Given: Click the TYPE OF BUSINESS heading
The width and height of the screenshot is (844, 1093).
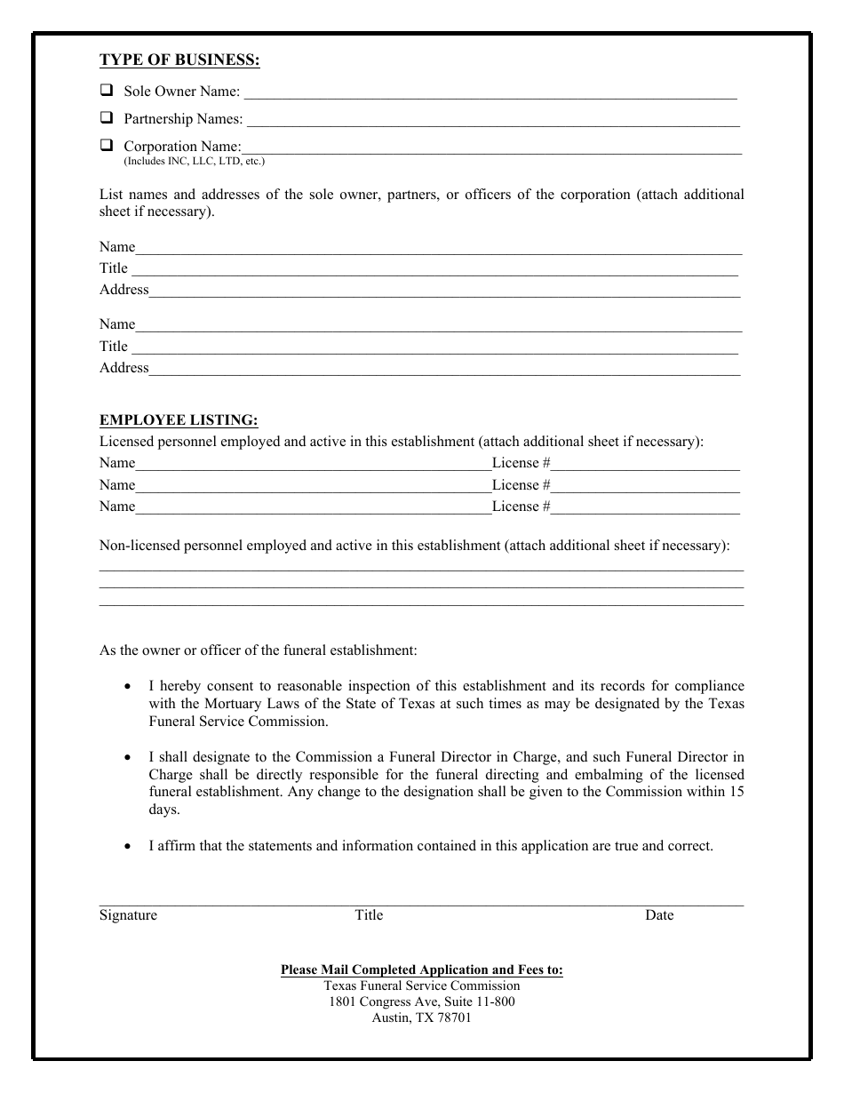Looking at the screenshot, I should click(179, 60).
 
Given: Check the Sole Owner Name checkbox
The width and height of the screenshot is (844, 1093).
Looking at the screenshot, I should click(107, 90).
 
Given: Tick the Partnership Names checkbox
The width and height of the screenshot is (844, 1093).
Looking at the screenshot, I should click(107, 117).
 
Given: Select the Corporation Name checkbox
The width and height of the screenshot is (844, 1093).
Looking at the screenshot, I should click(107, 145).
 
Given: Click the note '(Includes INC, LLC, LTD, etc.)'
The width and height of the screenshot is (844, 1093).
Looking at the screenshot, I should click(194, 162).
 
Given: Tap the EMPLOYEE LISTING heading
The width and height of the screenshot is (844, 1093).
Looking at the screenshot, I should click(179, 420).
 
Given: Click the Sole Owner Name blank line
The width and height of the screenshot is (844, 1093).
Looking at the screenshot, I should click(490, 92).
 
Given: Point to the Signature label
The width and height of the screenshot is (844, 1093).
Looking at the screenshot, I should click(128, 915).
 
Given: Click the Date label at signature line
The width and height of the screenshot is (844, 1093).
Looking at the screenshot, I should click(659, 915).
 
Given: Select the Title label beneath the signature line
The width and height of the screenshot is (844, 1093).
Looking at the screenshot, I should click(369, 915).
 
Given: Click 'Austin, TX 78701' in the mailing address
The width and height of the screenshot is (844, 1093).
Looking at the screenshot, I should click(421, 1018).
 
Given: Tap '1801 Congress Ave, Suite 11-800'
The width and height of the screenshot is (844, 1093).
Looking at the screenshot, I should click(421, 1002).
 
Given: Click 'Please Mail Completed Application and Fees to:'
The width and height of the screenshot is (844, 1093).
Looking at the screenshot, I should click(421, 970).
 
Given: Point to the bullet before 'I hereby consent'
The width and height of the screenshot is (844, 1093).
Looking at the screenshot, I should click(130, 687).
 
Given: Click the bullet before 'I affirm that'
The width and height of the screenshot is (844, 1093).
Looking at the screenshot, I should click(130, 847).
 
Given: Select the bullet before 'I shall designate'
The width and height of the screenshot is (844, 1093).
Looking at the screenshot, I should click(130, 758).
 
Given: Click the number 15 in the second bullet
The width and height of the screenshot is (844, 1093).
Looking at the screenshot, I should click(737, 793).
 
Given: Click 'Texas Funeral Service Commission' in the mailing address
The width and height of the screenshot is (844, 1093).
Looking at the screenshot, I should click(421, 986).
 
